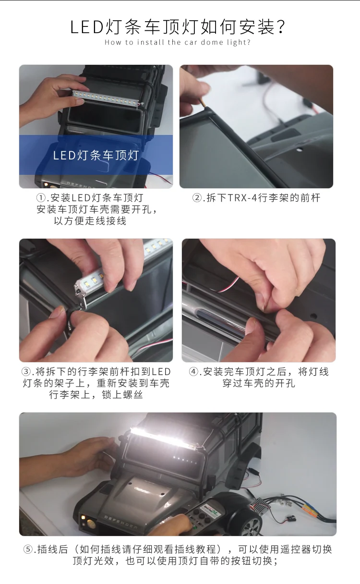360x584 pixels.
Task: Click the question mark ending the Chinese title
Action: point(280,27)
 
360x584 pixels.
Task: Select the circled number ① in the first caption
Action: point(41,198)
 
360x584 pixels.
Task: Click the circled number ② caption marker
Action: point(197,198)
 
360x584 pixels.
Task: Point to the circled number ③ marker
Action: point(26,372)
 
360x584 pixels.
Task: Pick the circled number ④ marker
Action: point(193,372)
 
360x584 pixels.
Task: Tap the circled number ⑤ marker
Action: point(28,549)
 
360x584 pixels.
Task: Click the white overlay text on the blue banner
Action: point(96,156)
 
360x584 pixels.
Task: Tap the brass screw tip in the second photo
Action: point(203,103)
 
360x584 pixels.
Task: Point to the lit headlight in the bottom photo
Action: point(84,517)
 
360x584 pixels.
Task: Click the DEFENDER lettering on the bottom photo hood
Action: point(120,522)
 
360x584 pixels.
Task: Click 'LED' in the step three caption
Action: point(161,372)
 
